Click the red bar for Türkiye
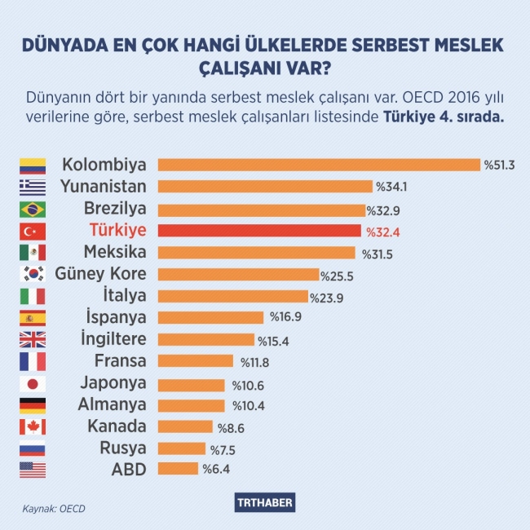(258, 231)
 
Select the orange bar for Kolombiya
(319, 165)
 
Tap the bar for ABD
(178, 469)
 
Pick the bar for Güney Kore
(238, 275)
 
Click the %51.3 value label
(500, 166)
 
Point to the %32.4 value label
(380, 232)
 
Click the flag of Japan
(33, 383)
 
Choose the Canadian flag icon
(33, 426)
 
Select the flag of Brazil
(33, 209)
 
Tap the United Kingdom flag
(33, 340)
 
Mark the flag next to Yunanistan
(33, 187)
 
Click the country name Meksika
(116, 252)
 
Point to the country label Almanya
(113, 404)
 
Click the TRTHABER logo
(265, 502)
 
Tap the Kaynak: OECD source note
(54, 509)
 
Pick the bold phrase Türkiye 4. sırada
(444, 117)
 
